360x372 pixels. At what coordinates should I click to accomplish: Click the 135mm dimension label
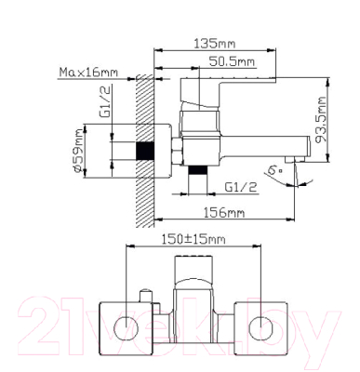tap(214, 44)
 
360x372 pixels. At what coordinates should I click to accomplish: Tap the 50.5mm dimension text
tap(232, 61)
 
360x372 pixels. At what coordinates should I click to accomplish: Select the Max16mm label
tap(88, 73)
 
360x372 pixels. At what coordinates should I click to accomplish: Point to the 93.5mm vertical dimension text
tap(321, 120)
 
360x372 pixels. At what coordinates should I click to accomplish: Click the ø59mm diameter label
tap(77, 151)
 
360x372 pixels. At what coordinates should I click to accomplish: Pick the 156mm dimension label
tap(224, 213)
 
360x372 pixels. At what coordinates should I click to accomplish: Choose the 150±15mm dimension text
tap(193, 239)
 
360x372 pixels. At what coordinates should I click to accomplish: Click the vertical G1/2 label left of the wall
tap(105, 101)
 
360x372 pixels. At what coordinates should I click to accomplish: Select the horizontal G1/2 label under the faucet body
tap(241, 187)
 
